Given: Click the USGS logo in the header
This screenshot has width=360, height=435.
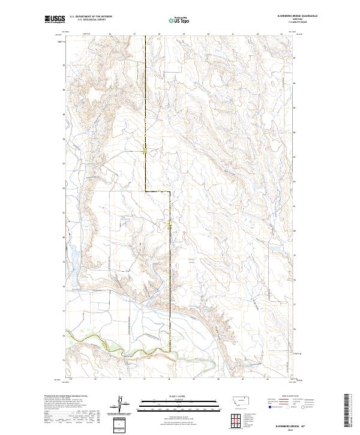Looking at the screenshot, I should pos(55,20).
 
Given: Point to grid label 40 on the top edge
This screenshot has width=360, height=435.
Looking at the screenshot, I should pos(208,34).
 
